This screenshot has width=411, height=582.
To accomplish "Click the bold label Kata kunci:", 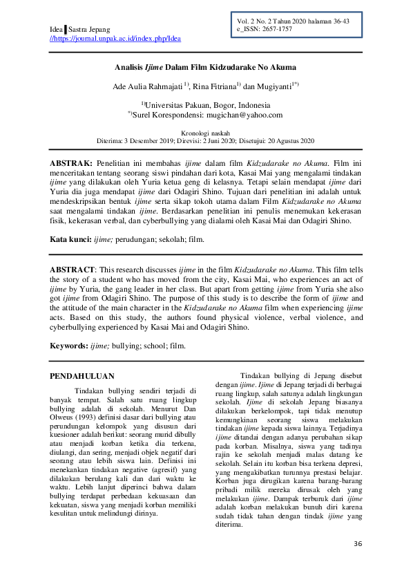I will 70,239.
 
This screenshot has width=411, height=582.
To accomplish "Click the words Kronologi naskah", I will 205,131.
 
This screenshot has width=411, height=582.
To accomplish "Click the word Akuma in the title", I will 283,67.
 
